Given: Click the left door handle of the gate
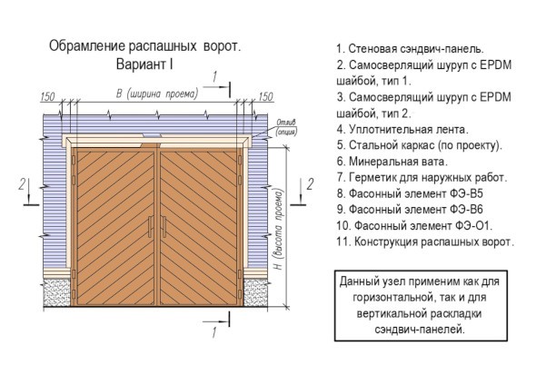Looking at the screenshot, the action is click(x=150, y=227).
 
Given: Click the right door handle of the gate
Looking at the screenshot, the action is click(x=164, y=227).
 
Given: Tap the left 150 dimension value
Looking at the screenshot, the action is click(x=47, y=97).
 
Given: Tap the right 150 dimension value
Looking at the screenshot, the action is click(x=265, y=97).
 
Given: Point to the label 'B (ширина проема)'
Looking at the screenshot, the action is click(x=157, y=94).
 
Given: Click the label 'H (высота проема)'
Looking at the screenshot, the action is click(x=279, y=230).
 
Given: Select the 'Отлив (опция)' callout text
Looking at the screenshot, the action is click(x=286, y=127).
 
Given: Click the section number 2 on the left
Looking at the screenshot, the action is click(x=22, y=184).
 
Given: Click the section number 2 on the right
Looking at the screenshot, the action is click(x=310, y=184).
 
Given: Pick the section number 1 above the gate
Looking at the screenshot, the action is click(x=214, y=77).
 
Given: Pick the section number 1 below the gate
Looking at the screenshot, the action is click(x=214, y=332).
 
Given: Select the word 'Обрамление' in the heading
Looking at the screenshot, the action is click(x=87, y=46).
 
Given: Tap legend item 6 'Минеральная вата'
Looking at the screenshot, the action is click(x=392, y=162).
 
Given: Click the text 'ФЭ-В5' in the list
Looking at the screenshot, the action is click(x=466, y=193).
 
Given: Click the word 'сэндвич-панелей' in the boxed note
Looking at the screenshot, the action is click(x=420, y=330).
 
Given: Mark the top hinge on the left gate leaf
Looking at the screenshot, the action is click(x=74, y=161).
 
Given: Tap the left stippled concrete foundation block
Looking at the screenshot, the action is click(x=56, y=292).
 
